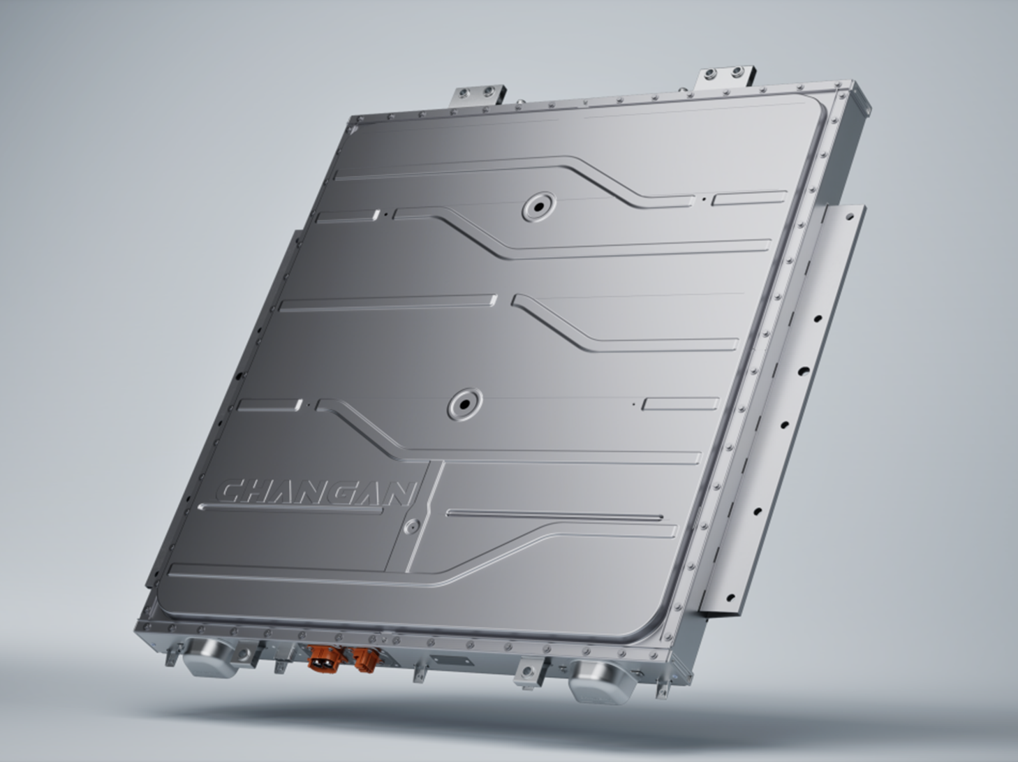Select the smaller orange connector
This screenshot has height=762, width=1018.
[x=364, y=659]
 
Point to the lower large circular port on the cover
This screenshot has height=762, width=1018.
[x=462, y=404]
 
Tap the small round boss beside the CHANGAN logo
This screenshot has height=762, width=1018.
[x=413, y=526]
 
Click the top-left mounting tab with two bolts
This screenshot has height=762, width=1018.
[x=480, y=95]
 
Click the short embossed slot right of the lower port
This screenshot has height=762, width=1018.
[x=680, y=404]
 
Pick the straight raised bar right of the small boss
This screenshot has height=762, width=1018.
[x=555, y=516]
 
